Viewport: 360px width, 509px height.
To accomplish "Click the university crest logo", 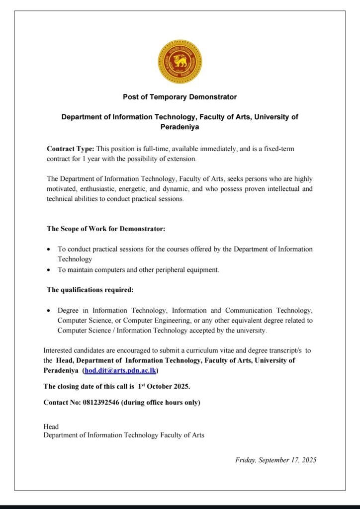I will pyautogui.click(x=180, y=62).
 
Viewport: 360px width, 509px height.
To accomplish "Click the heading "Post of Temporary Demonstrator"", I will pyautogui.click(x=180, y=97).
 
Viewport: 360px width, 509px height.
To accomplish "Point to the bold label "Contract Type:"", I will pyautogui.click(x=70, y=149).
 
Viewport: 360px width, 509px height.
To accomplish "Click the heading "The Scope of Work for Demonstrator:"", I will pyautogui.click(x=106, y=229).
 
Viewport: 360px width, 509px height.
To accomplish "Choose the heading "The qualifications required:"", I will pyautogui.click(x=90, y=289).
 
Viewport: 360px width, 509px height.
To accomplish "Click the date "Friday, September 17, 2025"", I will pyautogui.click(x=275, y=460).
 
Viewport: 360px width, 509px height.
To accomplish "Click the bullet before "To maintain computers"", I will pyautogui.click(x=48, y=270).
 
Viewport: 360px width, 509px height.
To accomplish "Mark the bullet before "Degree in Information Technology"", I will pyautogui.click(x=48, y=311).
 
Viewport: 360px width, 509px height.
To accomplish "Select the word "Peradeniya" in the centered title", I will pyautogui.click(x=180, y=127).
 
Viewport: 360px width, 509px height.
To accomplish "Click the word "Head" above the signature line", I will pyautogui.click(x=51, y=426).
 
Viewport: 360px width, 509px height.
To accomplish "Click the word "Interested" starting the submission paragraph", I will pyautogui.click(x=59, y=350).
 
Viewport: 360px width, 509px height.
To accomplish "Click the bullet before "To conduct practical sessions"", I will pyautogui.click(x=48, y=249).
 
